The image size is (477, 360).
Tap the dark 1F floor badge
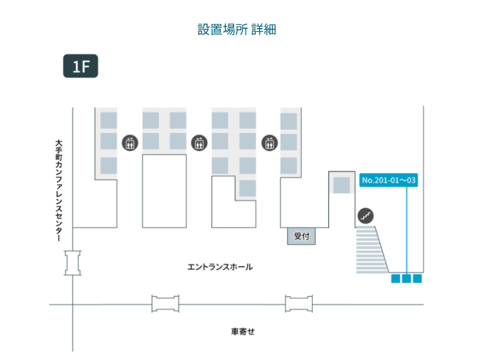point(80,66)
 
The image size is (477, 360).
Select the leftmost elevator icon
point(130,142)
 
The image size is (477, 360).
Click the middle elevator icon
point(199,142)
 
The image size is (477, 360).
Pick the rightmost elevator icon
point(269,142)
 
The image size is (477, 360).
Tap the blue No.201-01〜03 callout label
point(388,180)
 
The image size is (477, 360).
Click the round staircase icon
point(366,215)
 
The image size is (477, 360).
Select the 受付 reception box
point(302,236)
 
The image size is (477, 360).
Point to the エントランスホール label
point(220,267)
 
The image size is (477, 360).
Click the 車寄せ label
point(243,331)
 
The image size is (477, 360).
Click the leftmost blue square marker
point(395,279)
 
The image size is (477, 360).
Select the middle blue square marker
point(406,279)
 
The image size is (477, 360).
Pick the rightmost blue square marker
point(417,279)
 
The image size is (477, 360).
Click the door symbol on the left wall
point(73,263)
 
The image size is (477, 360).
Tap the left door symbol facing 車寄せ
point(165,304)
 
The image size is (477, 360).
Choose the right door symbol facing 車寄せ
point(299,304)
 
